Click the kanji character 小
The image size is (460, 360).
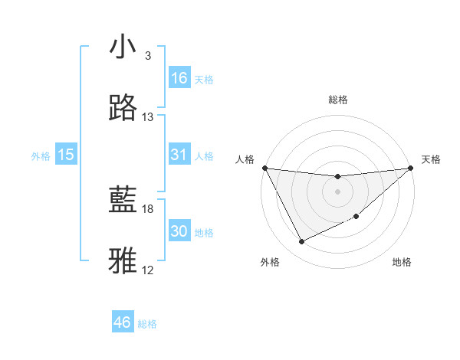[123, 47]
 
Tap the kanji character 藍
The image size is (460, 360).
[123, 201]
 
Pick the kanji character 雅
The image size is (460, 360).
[123, 260]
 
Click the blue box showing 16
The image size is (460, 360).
[179, 77]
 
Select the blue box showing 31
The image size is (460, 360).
[179, 155]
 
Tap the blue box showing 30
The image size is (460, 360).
[179, 231]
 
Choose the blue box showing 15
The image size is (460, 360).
[66, 155]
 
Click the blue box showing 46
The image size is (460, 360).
[123, 322]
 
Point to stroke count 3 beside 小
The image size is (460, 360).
[147, 56]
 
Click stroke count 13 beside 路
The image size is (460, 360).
[148, 117]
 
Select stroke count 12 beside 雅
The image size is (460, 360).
[148, 270]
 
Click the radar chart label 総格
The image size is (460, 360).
[338, 100]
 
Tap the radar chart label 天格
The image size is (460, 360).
[432, 159]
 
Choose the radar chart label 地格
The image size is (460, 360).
[402, 262]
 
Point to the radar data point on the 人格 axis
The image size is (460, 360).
[265, 168]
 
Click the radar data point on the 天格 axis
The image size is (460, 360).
[410, 168]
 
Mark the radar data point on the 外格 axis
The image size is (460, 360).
[301, 242]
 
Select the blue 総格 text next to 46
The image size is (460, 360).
[147, 324]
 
